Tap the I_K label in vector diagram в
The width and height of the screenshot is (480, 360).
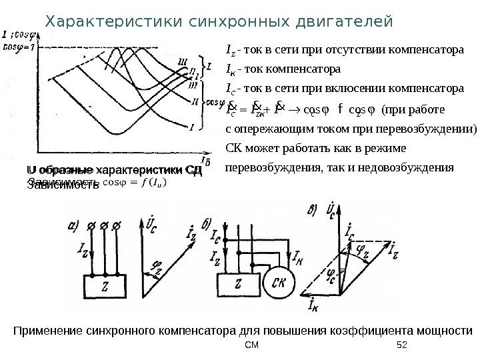(313, 305)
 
